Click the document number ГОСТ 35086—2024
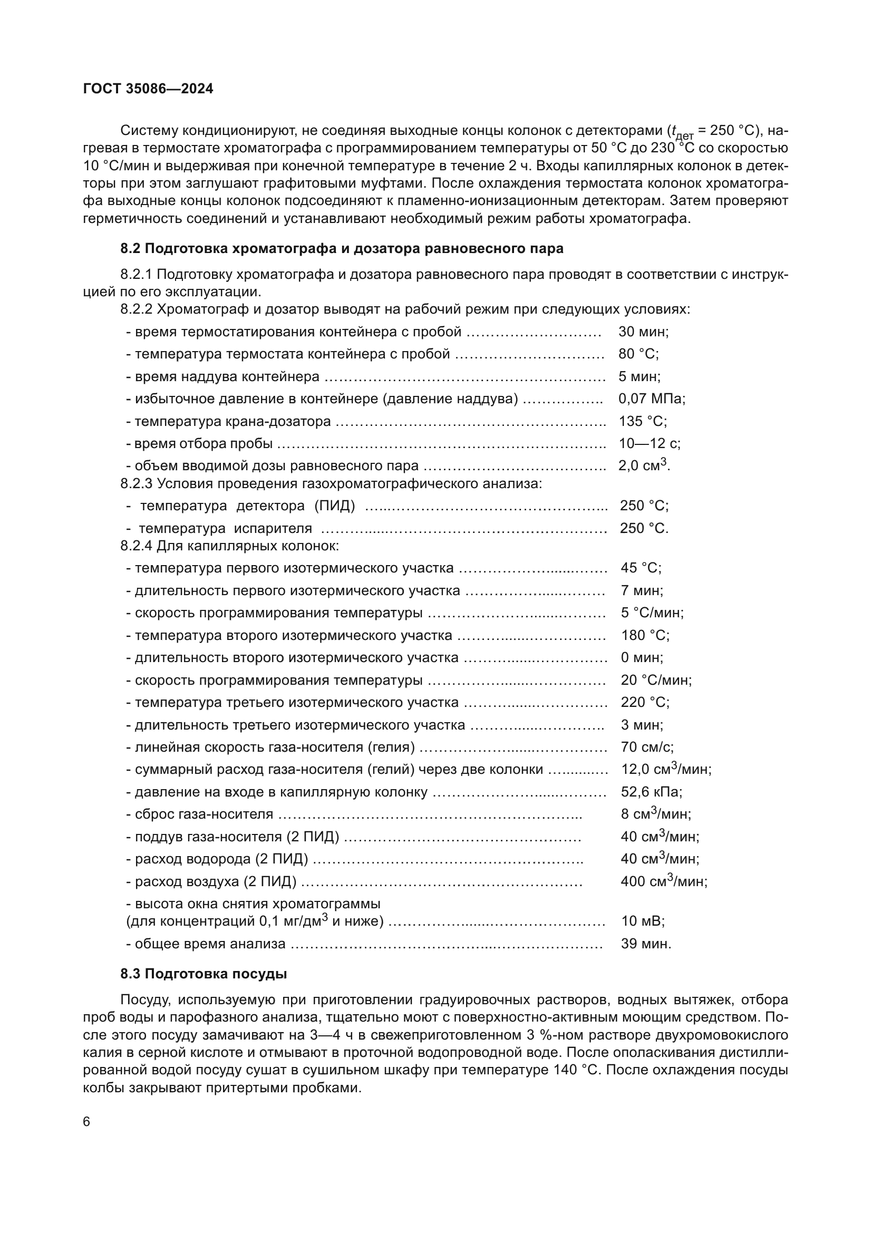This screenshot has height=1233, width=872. pos(148,89)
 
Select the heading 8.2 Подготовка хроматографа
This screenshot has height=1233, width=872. pos(342,249)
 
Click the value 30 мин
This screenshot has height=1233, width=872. pos(643,332)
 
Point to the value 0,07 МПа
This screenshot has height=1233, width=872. pos(652,399)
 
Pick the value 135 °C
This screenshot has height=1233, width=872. pos(643,422)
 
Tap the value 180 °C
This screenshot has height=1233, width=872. pos(645,636)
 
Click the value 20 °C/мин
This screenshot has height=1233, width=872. pos(656,681)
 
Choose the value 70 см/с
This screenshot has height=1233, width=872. pos(647,747)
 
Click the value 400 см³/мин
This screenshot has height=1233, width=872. pos(664,882)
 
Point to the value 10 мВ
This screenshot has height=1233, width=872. pos(643,921)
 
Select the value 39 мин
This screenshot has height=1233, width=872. pos(646,944)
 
